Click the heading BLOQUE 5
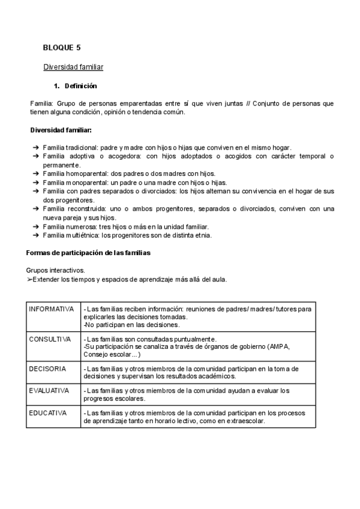[x=62, y=47]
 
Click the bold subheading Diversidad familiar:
[x=61, y=130]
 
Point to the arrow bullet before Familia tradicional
[x=36, y=148]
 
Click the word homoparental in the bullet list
[x=83, y=173]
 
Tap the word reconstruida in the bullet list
[x=82, y=209]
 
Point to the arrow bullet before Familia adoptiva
[x=36, y=156]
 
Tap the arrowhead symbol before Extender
[x=29, y=280]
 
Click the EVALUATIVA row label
[x=49, y=391]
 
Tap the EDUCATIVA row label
[x=48, y=413]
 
